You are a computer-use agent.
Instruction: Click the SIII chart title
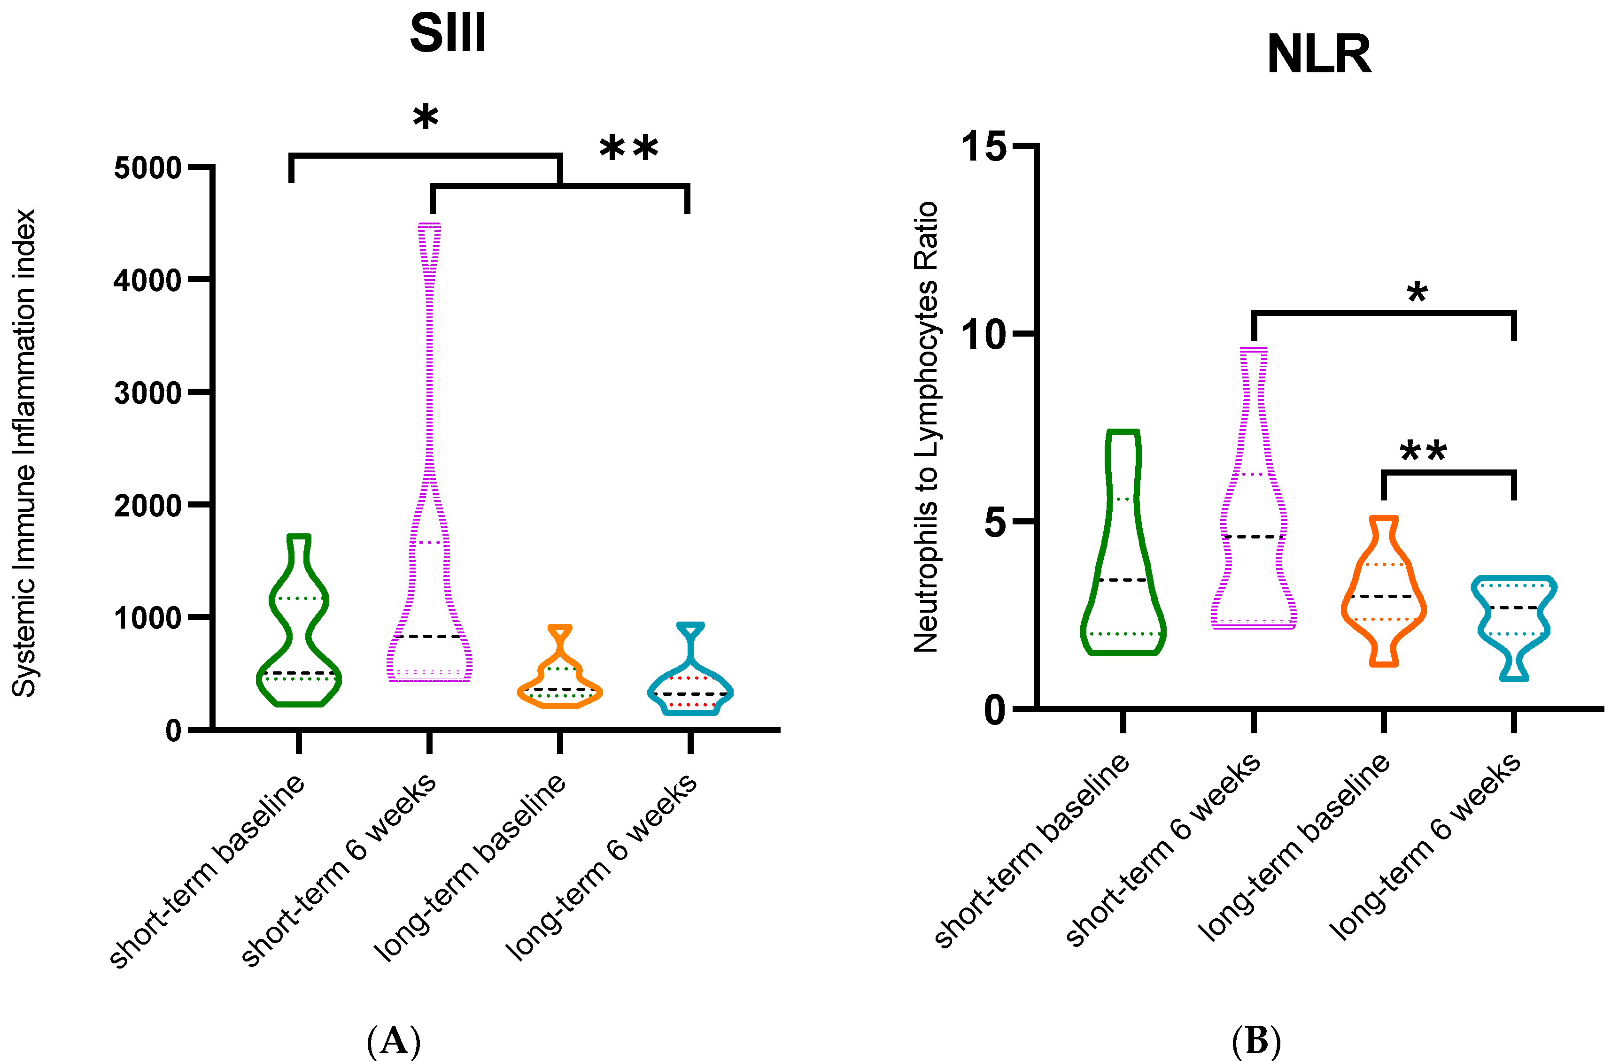448,33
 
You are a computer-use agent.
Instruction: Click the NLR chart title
1318,54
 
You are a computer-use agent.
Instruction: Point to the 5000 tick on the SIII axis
147,168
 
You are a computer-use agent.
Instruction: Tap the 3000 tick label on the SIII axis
147,393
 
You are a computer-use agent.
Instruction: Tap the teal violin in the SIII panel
690,684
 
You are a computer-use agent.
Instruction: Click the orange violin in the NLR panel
1384,595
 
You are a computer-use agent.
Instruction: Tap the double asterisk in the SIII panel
629,148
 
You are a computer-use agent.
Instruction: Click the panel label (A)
393,1041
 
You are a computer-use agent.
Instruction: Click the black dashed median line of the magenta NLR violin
1254,537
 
